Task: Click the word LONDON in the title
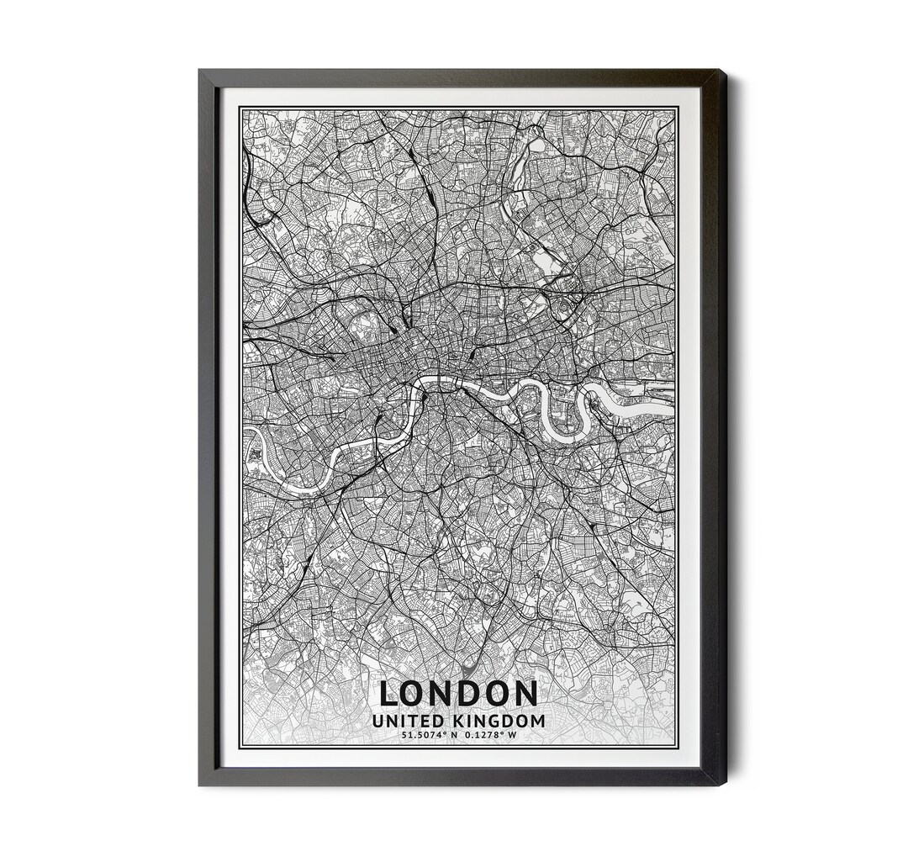tap(458, 694)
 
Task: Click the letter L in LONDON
tap(390, 694)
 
